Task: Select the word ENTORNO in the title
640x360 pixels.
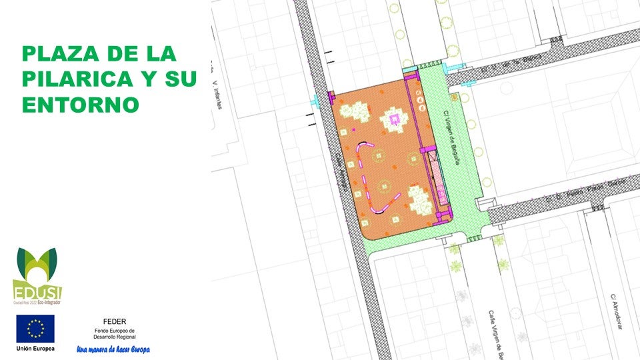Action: pyautogui.click(x=80, y=105)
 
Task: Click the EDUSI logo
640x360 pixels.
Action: pyautogui.click(x=37, y=275)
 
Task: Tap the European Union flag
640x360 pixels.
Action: pyautogui.click(x=35, y=329)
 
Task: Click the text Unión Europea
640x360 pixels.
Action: pyautogui.click(x=35, y=349)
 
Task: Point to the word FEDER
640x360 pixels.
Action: pyautogui.click(x=114, y=321)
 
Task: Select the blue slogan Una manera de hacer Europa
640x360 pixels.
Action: pyautogui.click(x=113, y=349)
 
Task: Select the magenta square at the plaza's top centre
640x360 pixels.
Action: pyautogui.click(x=394, y=119)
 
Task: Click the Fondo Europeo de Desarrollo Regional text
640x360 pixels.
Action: pyautogui.click(x=114, y=333)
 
